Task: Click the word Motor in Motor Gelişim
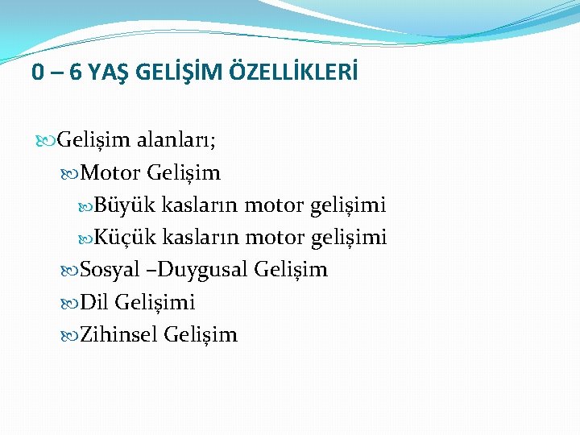pos(111,173)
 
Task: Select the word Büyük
pos(126,205)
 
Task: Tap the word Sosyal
pos(110,270)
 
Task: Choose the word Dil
pos(94,302)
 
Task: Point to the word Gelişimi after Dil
pos(155,303)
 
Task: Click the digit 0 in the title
pos(38,73)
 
